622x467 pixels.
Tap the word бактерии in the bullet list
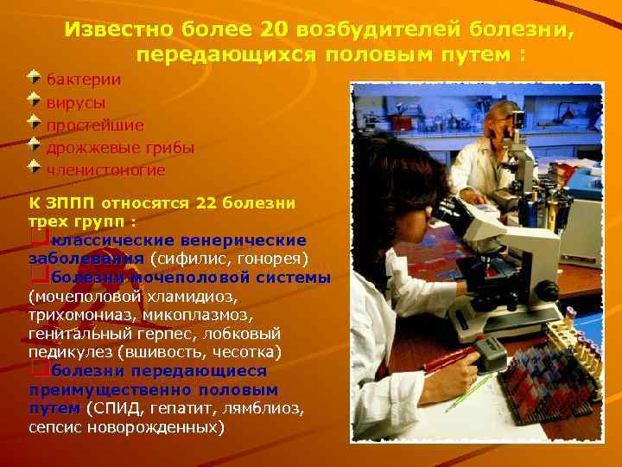83,80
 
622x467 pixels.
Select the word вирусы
76,102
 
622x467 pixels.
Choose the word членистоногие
105,170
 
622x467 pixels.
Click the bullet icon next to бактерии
33,76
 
